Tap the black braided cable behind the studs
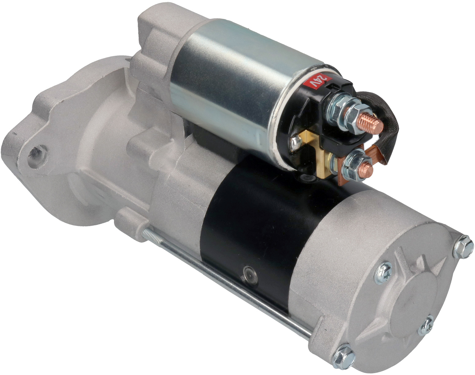378,124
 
